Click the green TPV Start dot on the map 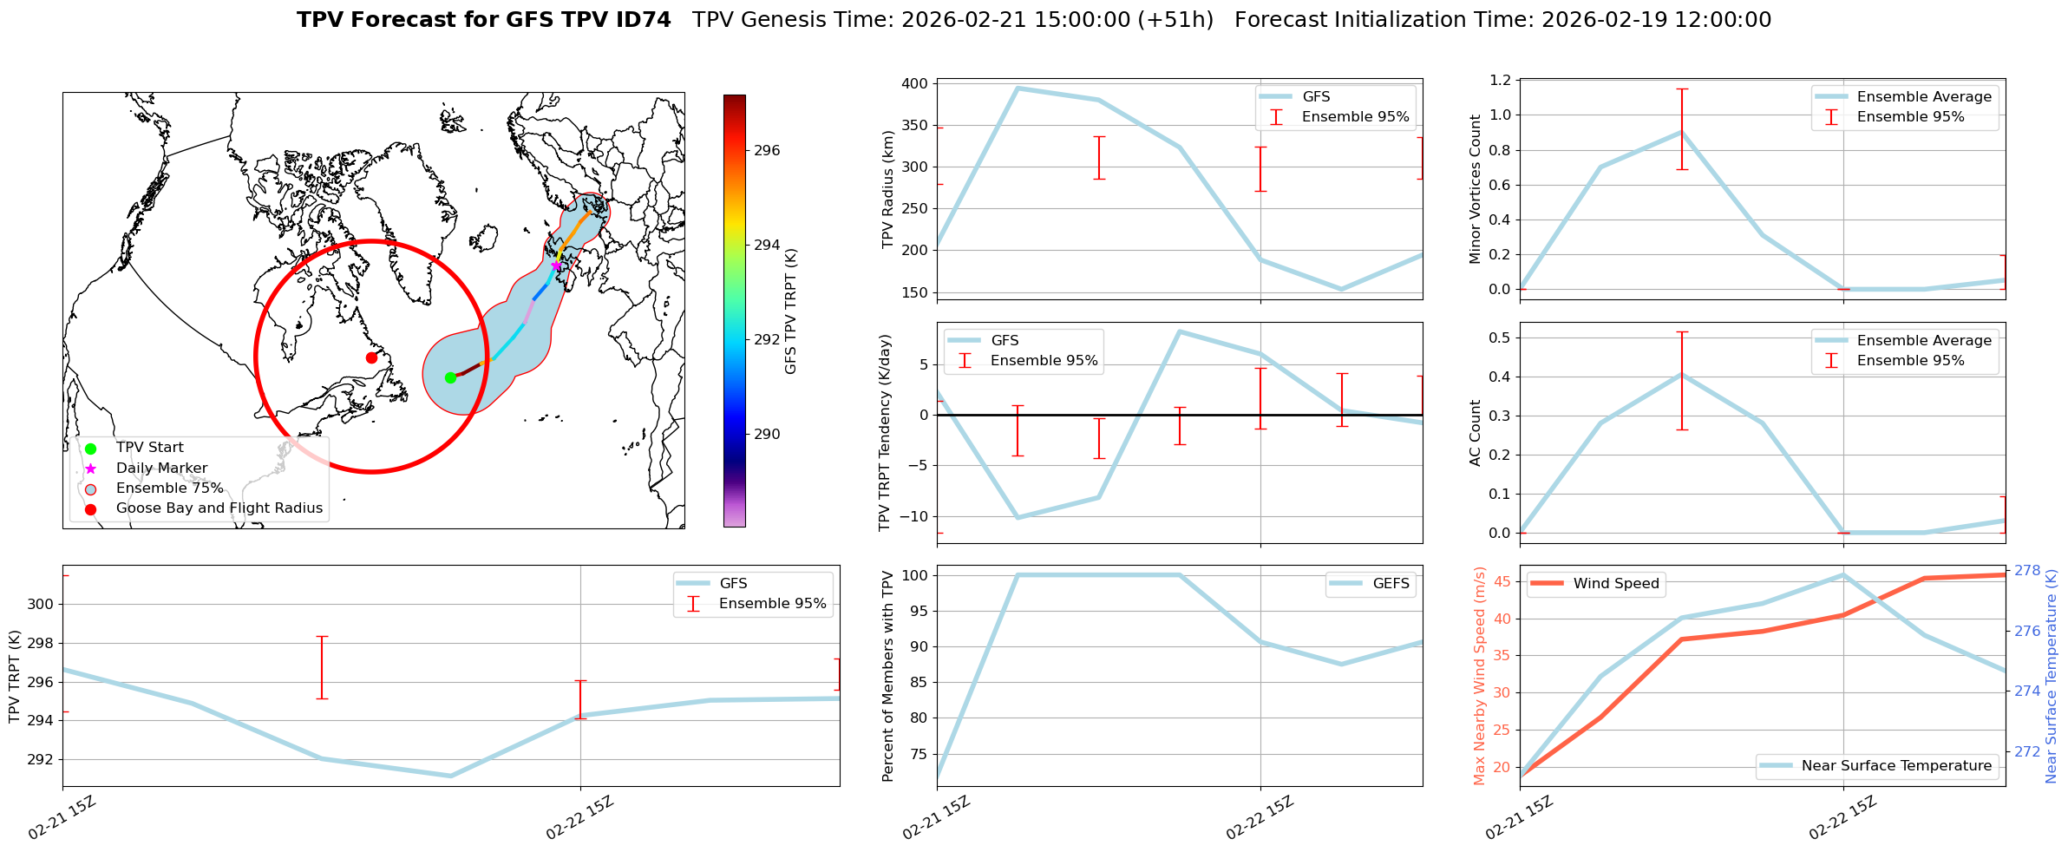pyautogui.click(x=450, y=377)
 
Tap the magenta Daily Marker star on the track pyautogui.click(x=556, y=265)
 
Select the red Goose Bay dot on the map pyautogui.click(x=371, y=357)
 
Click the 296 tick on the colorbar pyautogui.click(x=767, y=151)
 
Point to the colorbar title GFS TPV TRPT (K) pyautogui.click(x=790, y=311)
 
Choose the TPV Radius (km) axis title pyautogui.click(x=887, y=189)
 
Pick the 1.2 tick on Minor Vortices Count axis pyautogui.click(x=1499, y=81)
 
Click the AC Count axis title pyautogui.click(x=1475, y=433)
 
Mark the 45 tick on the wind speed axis pyautogui.click(x=1502, y=582)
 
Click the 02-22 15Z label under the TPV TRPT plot pyautogui.click(x=579, y=817)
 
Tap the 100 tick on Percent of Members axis pyautogui.click(x=916, y=576)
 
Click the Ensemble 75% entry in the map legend pyautogui.click(x=169, y=488)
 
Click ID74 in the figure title pyautogui.click(x=641, y=20)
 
